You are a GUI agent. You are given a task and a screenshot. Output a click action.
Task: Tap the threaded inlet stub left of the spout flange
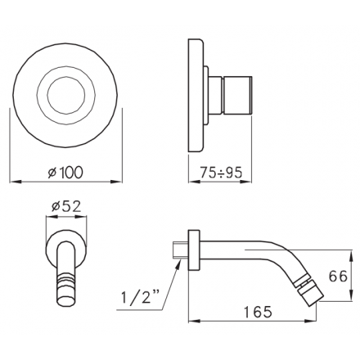click(x=181, y=248)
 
